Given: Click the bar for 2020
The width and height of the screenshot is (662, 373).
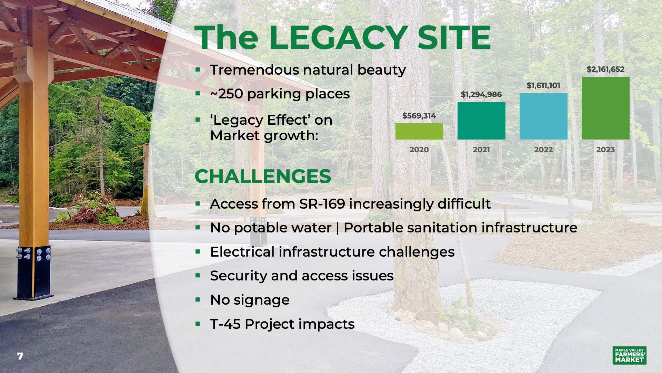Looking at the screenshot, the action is pyautogui.click(x=419, y=131).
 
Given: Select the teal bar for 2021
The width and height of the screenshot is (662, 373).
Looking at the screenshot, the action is pyautogui.click(x=481, y=121).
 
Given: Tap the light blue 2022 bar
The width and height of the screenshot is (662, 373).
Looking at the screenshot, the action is pyautogui.click(x=543, y=116).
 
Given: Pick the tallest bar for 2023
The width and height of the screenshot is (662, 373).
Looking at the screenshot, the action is pyautogui.click(x=605, y=108).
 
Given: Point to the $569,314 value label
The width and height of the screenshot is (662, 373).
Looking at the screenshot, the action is pyautogui.click(x=419, y=116).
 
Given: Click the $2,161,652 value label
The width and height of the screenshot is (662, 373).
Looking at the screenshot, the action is pyautogui.click(x=605, y=69).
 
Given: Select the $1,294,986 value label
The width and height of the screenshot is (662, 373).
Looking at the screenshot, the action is pyautogui.click(x=481, y=95).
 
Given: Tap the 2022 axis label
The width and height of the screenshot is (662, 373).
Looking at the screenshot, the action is pyautogui.click(x=543, y=150).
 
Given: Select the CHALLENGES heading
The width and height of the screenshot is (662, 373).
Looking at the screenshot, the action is pyautogui.click(x=263, y=176).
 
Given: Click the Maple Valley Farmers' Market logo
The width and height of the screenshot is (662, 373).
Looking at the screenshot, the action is pyautogui.click(x=630, y=355).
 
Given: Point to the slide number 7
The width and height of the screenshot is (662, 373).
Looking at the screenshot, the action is pyautogui.click(x=20, y=356).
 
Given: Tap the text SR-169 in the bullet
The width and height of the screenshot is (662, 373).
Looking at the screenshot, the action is pyautogui.click(x=322, y=204).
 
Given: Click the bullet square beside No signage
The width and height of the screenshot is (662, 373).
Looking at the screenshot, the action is pyautogui.click(x=198, y=299).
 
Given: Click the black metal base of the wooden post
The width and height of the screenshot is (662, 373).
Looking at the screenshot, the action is pyautogui.click(x=33, y=272).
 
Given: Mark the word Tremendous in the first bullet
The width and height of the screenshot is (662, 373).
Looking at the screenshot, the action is pyautogui.click(x=254, y=70).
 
